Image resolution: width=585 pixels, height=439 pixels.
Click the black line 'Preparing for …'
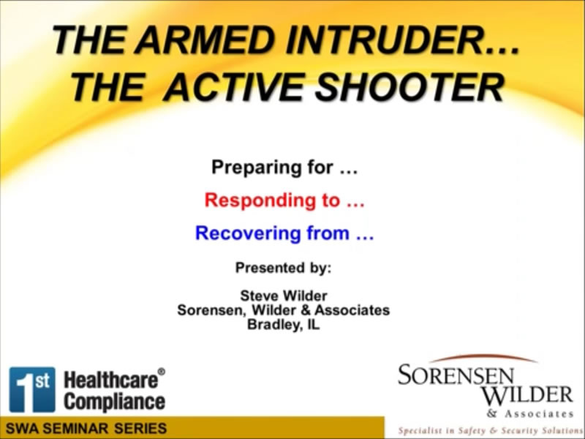pyautogui.click(x=284, y=168)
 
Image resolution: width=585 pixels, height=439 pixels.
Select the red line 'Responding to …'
pyautogui.click(x=284, y=200)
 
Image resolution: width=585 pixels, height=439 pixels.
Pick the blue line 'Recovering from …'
pyautogui.click(x=284, y=234)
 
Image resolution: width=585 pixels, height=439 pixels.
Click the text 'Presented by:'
pyautogui.click(x=283, y=268)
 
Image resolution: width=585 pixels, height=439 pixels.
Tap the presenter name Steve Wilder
pyautogui.click(x=284, y=296)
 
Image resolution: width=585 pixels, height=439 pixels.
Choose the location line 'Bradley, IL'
pyautogui.click(x=284, y=325)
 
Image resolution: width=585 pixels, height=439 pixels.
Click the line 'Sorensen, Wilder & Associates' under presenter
pyautogui.click(x=284, y=310)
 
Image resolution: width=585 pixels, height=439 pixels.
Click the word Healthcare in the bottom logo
pyautogui.click(x=110, y=380)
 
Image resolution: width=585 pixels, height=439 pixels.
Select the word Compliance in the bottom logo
pyautogui.click(x=114, y=401)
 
